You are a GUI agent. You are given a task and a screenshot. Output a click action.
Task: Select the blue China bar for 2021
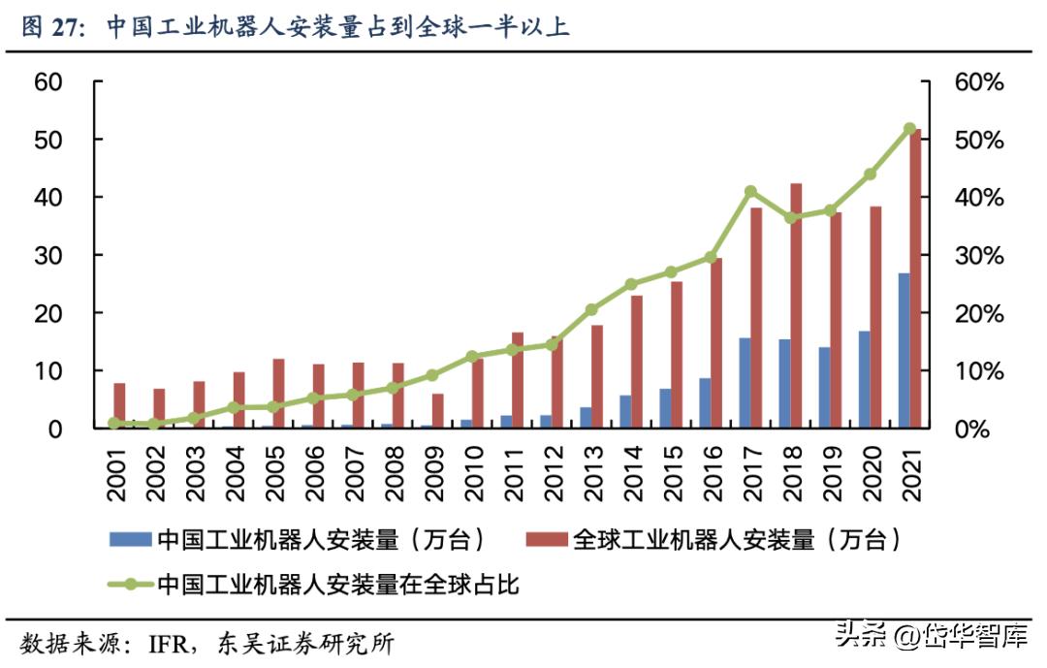[x=904, y=350]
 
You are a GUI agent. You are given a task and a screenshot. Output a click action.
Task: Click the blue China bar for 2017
[x=745, y=382]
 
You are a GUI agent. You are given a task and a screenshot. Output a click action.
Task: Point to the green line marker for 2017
[x=750, y=191]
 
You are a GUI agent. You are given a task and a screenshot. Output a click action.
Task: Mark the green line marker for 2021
[x=909, y=128]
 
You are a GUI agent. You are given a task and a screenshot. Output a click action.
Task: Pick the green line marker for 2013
[x=591, y=309]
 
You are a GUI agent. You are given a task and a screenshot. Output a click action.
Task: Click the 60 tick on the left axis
[x=48, y=82]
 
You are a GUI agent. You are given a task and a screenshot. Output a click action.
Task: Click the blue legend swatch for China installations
[x=130, y=540]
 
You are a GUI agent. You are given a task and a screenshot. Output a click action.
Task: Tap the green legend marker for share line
[x=130, y=585]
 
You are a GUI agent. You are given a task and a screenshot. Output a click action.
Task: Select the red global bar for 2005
[x=279, y=393]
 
